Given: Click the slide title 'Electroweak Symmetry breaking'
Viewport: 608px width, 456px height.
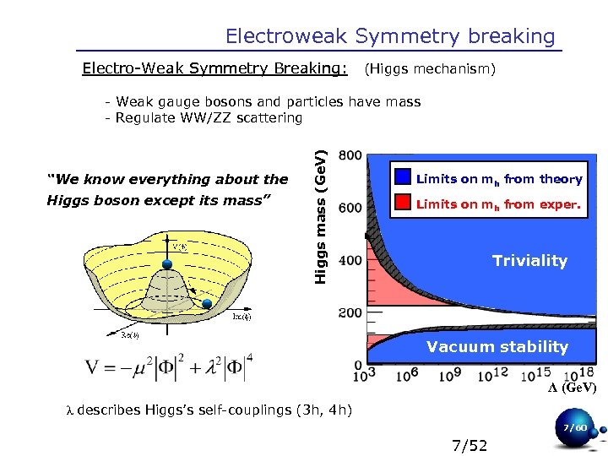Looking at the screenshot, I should (390, 36).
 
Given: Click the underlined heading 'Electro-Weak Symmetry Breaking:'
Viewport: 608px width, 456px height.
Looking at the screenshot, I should (214, 68).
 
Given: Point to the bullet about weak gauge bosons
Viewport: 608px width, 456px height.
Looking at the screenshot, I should (263, 102).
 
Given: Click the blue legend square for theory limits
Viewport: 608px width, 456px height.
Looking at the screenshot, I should (403, 178).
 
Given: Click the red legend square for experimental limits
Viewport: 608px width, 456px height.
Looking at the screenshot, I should (403, 203).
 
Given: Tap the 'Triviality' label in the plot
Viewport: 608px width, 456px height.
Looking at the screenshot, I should (529, 261).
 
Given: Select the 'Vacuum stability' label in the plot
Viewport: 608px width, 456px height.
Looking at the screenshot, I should (497, 346).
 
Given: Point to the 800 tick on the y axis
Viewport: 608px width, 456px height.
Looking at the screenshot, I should (350, 155).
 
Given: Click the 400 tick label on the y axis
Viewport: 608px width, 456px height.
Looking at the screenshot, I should (350, 261).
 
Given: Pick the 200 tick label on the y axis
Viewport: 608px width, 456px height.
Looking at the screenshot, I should (350, 313).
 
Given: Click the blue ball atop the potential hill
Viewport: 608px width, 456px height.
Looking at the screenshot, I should (167, 264).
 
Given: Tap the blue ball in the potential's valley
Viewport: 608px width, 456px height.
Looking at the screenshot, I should (207, 302).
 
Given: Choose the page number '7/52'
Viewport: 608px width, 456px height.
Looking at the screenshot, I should (470, 445).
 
